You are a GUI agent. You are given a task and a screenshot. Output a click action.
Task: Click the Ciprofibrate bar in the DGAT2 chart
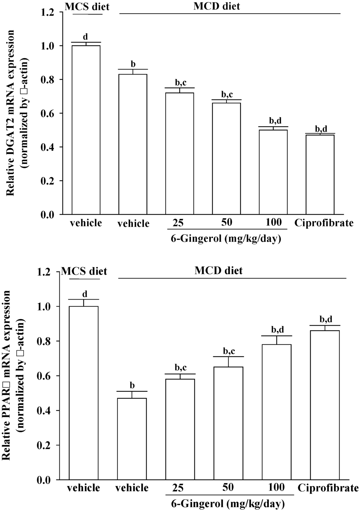(320, 174)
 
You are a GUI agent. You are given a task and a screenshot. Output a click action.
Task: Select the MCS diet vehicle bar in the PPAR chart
(84, 393)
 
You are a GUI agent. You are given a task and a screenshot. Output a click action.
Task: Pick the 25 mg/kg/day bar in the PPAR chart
(180, 429)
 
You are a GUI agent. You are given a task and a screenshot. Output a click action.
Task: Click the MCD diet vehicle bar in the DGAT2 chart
(133, 144)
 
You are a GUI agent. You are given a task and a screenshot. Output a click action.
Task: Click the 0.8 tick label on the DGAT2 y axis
(47, 80)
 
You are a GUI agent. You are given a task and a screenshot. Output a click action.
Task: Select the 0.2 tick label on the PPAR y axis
(44, 446)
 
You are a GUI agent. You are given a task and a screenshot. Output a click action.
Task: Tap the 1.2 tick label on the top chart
(47, 13)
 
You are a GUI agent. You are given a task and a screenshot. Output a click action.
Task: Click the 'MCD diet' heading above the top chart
(217, 6)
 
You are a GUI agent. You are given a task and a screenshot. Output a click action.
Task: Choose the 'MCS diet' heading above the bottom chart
(84, 271)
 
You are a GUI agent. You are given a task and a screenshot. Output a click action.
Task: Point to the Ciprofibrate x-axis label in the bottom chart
(328, 488)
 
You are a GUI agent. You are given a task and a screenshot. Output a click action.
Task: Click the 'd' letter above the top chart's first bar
(85, 37)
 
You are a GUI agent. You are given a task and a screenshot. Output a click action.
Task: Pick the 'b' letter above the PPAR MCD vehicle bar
(132, 385)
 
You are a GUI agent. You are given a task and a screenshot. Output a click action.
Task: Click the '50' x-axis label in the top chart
(226, 222)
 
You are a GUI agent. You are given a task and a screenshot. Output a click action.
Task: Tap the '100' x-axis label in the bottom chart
(276, 487)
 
